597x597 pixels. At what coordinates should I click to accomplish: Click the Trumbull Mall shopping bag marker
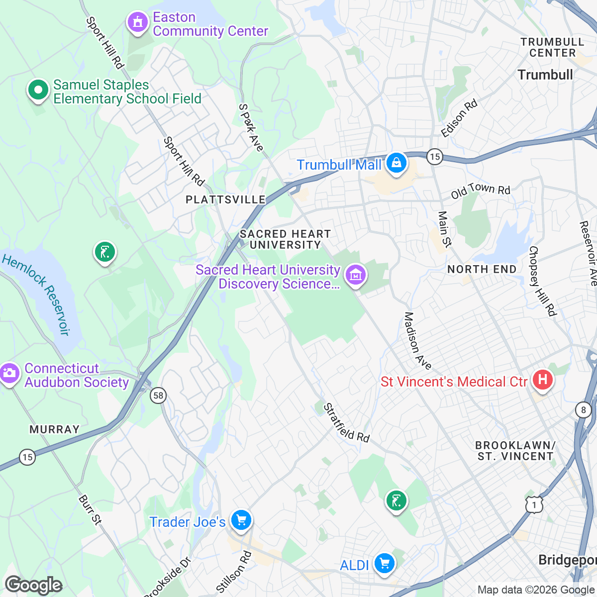pos(396,163)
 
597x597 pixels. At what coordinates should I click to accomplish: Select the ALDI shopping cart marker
pos(384,564)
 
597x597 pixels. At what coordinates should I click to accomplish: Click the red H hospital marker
pos(543,381)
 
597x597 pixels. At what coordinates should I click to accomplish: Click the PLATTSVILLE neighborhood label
pos(225,200)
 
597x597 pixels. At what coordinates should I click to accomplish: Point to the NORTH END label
pos(482,269)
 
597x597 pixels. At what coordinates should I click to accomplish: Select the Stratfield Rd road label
pos(347,423)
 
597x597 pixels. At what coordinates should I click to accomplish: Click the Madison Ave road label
pos(417,341)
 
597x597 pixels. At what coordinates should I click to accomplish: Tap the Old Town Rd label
pos(481,191)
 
